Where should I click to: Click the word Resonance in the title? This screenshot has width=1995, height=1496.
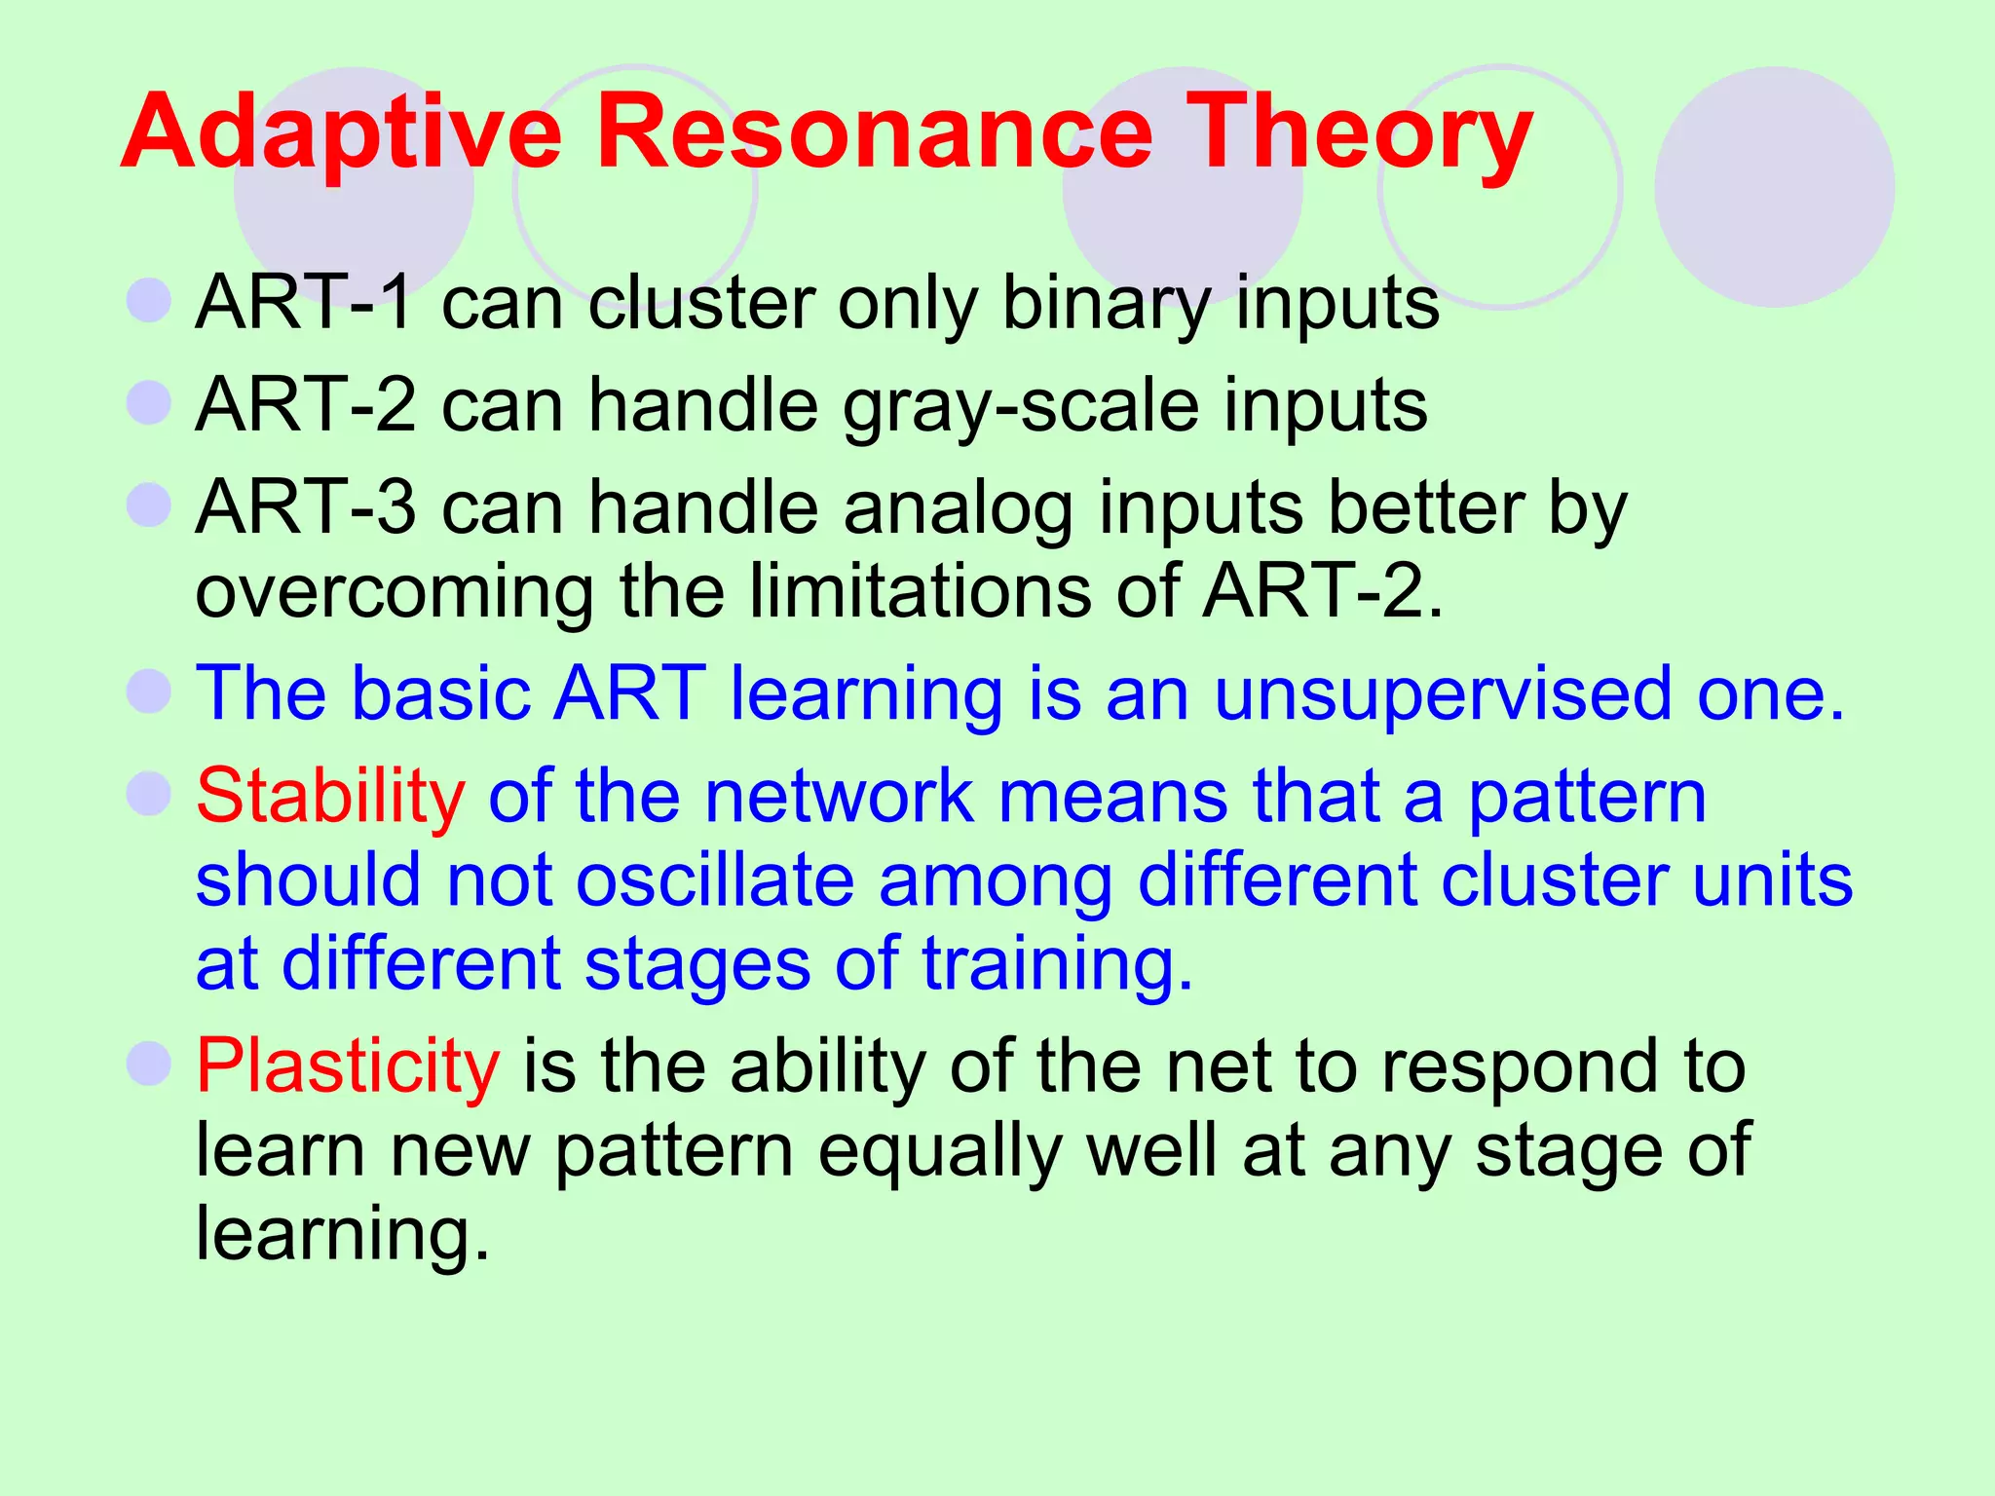pyautogui.click(x=874, y=131)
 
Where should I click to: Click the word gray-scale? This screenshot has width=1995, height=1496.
pyautogui.click(x=1020, y=406)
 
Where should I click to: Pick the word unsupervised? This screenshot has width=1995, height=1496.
pyautogui.click(x=1443, y=694)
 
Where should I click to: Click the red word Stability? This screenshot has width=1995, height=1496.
pyautogui.click(x=330, y=797)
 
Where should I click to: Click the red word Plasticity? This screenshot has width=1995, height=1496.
pyautogui.click(x=348, y=1066)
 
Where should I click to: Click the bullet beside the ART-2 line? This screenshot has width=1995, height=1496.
pyautogui.click(x=149, y=402)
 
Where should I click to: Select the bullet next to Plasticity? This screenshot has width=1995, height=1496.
pyautogui.click(x=149, y=1064)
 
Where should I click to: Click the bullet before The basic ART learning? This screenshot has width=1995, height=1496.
pyautogui.click(x=149, y=692)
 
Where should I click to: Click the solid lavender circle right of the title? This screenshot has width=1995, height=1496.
pyautogui.click(x=1774, y=186)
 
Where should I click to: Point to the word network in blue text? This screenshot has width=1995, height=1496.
pyautogui.click(x=838, y=797)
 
